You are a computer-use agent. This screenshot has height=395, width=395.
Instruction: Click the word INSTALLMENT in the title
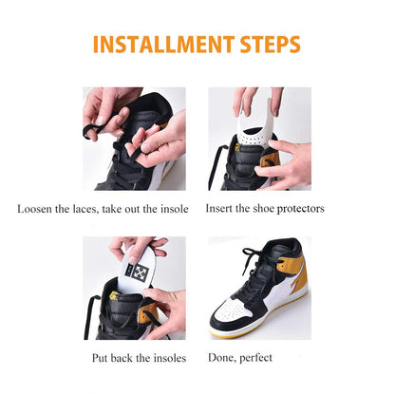pos(159,45)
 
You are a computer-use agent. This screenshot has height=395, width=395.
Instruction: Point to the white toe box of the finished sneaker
pos(234,316)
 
